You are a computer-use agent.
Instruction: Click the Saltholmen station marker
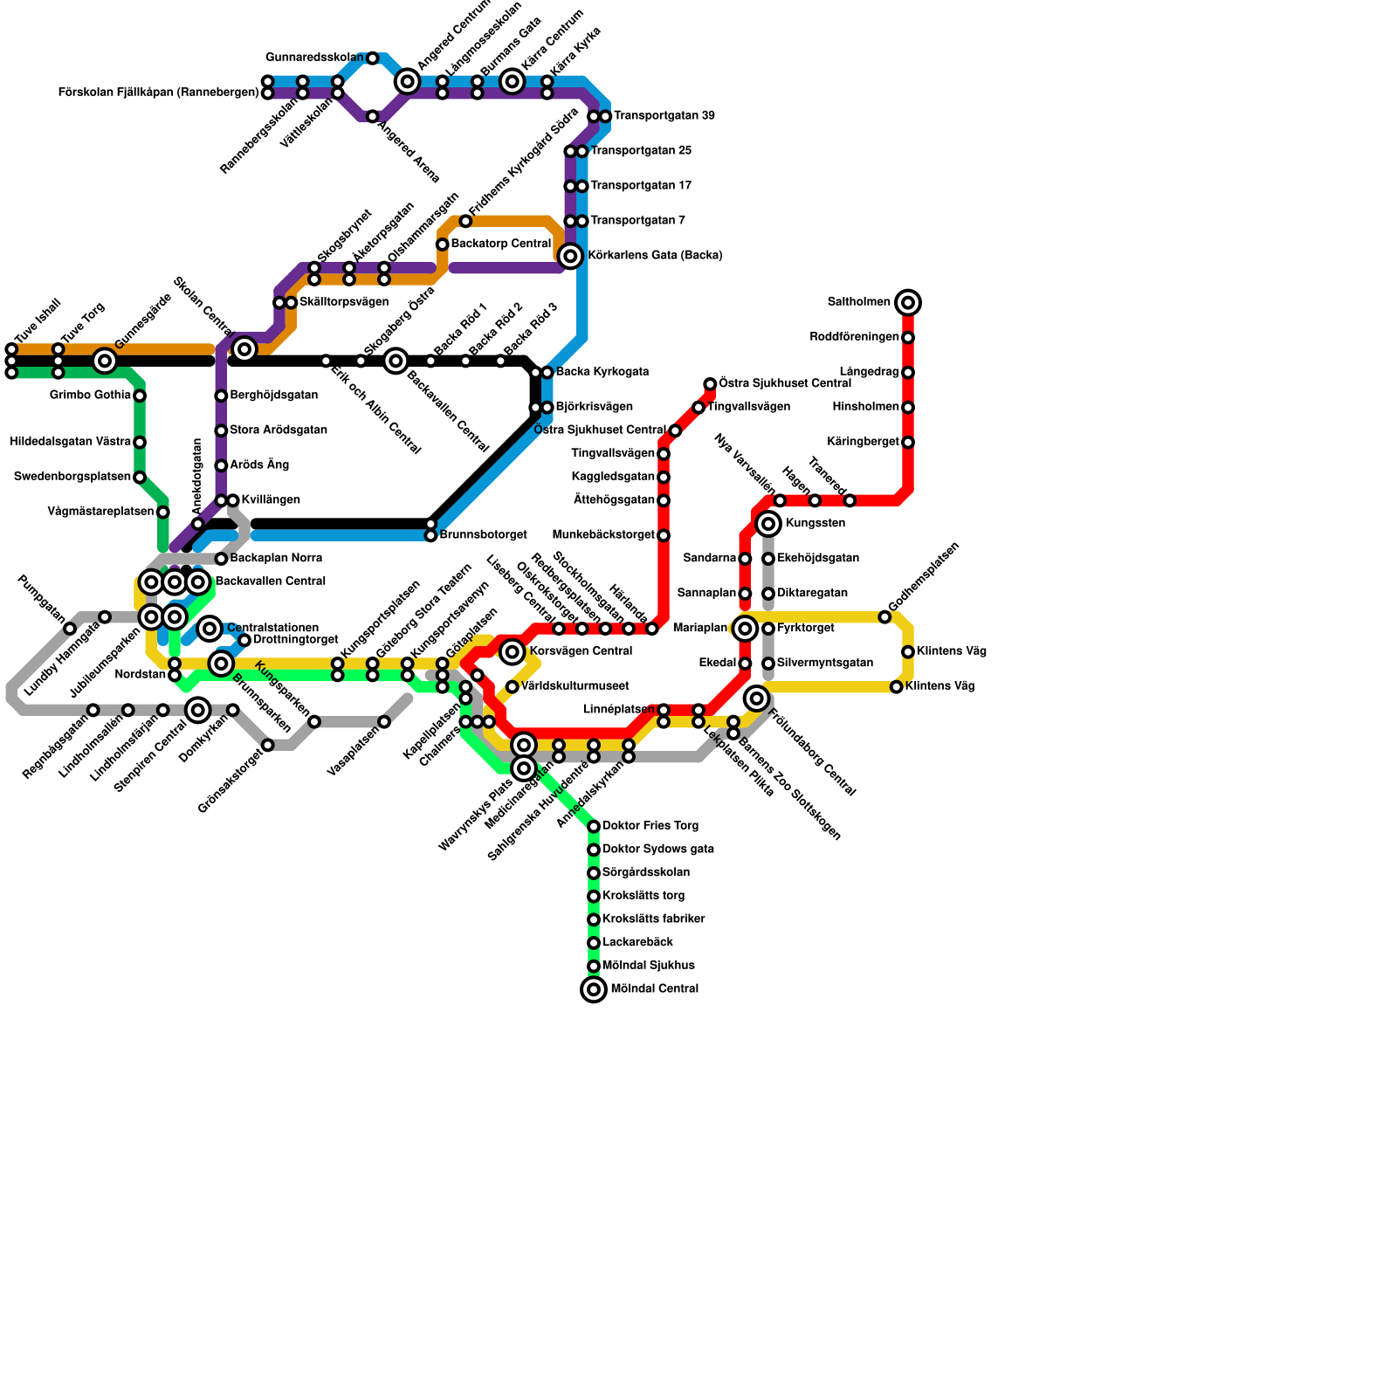point(908,303)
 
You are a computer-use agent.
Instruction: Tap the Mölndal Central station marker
point(594,989)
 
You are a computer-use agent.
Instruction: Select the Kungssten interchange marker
point(768,524)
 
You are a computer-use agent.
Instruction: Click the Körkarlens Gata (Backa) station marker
point(570,256)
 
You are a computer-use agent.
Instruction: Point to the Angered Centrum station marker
point(408,82)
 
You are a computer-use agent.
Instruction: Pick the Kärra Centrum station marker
point(513,82)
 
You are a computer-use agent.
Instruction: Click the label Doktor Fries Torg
point(650,826)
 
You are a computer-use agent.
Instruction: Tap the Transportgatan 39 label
point(664,116)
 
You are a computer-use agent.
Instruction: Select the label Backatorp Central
point(501,244)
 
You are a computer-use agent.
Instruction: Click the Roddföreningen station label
point(854,337)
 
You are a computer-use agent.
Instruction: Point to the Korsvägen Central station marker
point(513,651)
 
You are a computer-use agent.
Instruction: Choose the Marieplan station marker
point(745,629)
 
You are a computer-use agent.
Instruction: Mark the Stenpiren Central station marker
point(198,710)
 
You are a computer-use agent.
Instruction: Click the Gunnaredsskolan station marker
point(373,58)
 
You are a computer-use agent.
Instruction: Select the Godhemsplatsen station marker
point(884,617)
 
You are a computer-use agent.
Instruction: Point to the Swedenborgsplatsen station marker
point(140,478)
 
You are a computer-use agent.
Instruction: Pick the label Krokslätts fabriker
point(653,919)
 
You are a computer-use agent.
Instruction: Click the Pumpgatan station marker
point(70,629)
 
